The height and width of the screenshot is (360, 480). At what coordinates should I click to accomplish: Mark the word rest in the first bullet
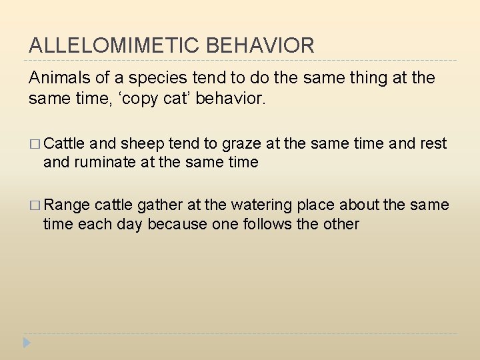pos(433,143)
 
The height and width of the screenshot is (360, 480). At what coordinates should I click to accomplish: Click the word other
pos(339,223)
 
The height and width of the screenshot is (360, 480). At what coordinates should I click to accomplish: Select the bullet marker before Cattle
pos(35,144)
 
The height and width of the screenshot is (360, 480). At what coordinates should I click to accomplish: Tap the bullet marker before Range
pos(35,205)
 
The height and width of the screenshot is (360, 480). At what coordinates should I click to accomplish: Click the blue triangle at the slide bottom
pos(27,343)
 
